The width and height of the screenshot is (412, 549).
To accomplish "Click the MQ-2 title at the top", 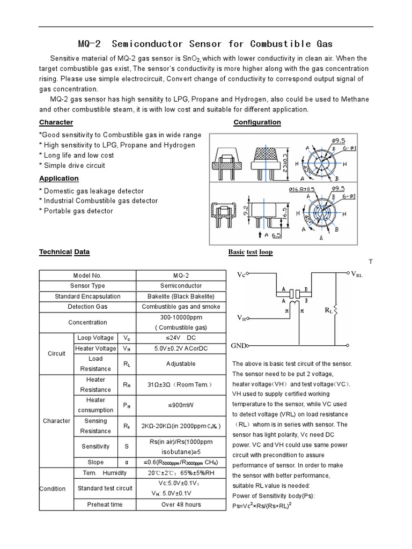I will click(x=205, y=43).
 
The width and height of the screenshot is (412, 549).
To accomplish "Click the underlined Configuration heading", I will click(x=257, y=122).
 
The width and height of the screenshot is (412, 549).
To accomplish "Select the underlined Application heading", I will click(x=59, y=179).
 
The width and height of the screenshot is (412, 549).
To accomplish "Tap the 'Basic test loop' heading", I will click(x=251, y=252).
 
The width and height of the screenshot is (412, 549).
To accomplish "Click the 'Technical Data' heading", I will click(x=65, y=252).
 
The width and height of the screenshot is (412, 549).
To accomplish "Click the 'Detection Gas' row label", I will click(x=87, y=307).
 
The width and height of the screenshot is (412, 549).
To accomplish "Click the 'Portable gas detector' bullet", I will click(x=76, y=211).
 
